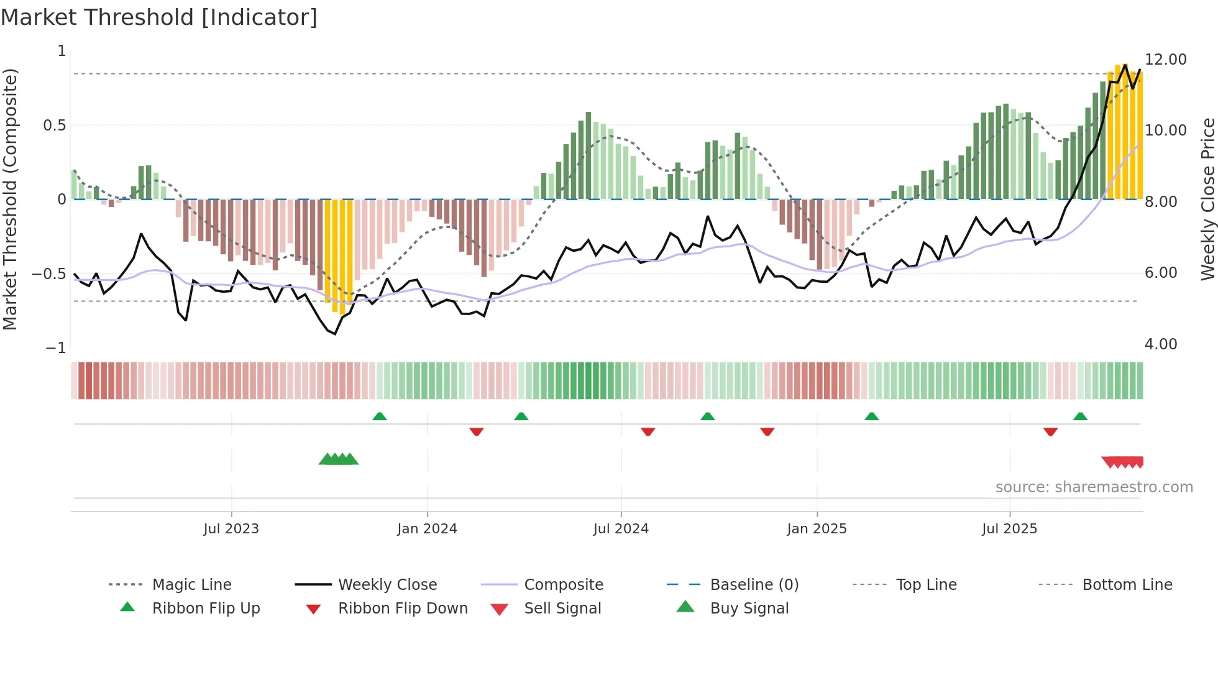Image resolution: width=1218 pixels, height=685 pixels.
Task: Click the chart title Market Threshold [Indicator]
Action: point(159,17)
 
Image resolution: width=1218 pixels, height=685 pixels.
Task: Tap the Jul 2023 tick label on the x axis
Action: point(231,528)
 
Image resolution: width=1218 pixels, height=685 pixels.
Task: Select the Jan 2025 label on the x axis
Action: point(816,528)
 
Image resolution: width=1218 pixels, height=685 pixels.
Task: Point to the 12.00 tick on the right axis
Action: point(1165,60)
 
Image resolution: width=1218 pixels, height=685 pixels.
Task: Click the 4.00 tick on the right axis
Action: point(1160,344)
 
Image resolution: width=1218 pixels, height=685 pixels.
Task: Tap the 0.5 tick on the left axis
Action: point(54,126)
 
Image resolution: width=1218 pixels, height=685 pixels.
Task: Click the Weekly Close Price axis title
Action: point(1207,199)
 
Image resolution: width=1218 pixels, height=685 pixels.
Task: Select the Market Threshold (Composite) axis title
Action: point(10,199)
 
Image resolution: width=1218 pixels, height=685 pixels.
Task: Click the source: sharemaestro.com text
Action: point(1094,487)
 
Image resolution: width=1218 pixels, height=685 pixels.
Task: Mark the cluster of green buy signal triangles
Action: point(339,459)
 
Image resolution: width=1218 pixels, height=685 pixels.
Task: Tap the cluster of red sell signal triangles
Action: point(1122,462)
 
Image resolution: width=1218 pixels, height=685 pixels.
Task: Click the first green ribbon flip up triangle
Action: point(380,416)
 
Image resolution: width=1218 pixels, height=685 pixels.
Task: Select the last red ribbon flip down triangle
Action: point(1050,431)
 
